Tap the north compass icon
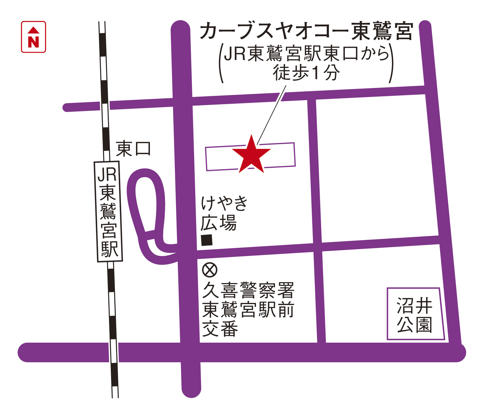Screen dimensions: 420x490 point(33,37)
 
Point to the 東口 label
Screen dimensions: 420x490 point(133,149)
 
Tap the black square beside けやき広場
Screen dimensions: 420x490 point(207,240)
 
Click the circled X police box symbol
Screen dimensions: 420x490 point(210,270)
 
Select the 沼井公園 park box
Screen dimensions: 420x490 point(415,314)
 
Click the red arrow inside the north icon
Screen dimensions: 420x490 point(33,30)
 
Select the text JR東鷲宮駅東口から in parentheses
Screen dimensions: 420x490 point(306,54)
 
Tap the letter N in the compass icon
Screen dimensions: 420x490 point(33,42)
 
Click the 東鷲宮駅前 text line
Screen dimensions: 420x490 point(248,309)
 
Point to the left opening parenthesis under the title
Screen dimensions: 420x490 point(221,64)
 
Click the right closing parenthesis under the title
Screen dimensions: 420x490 point(391,64)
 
